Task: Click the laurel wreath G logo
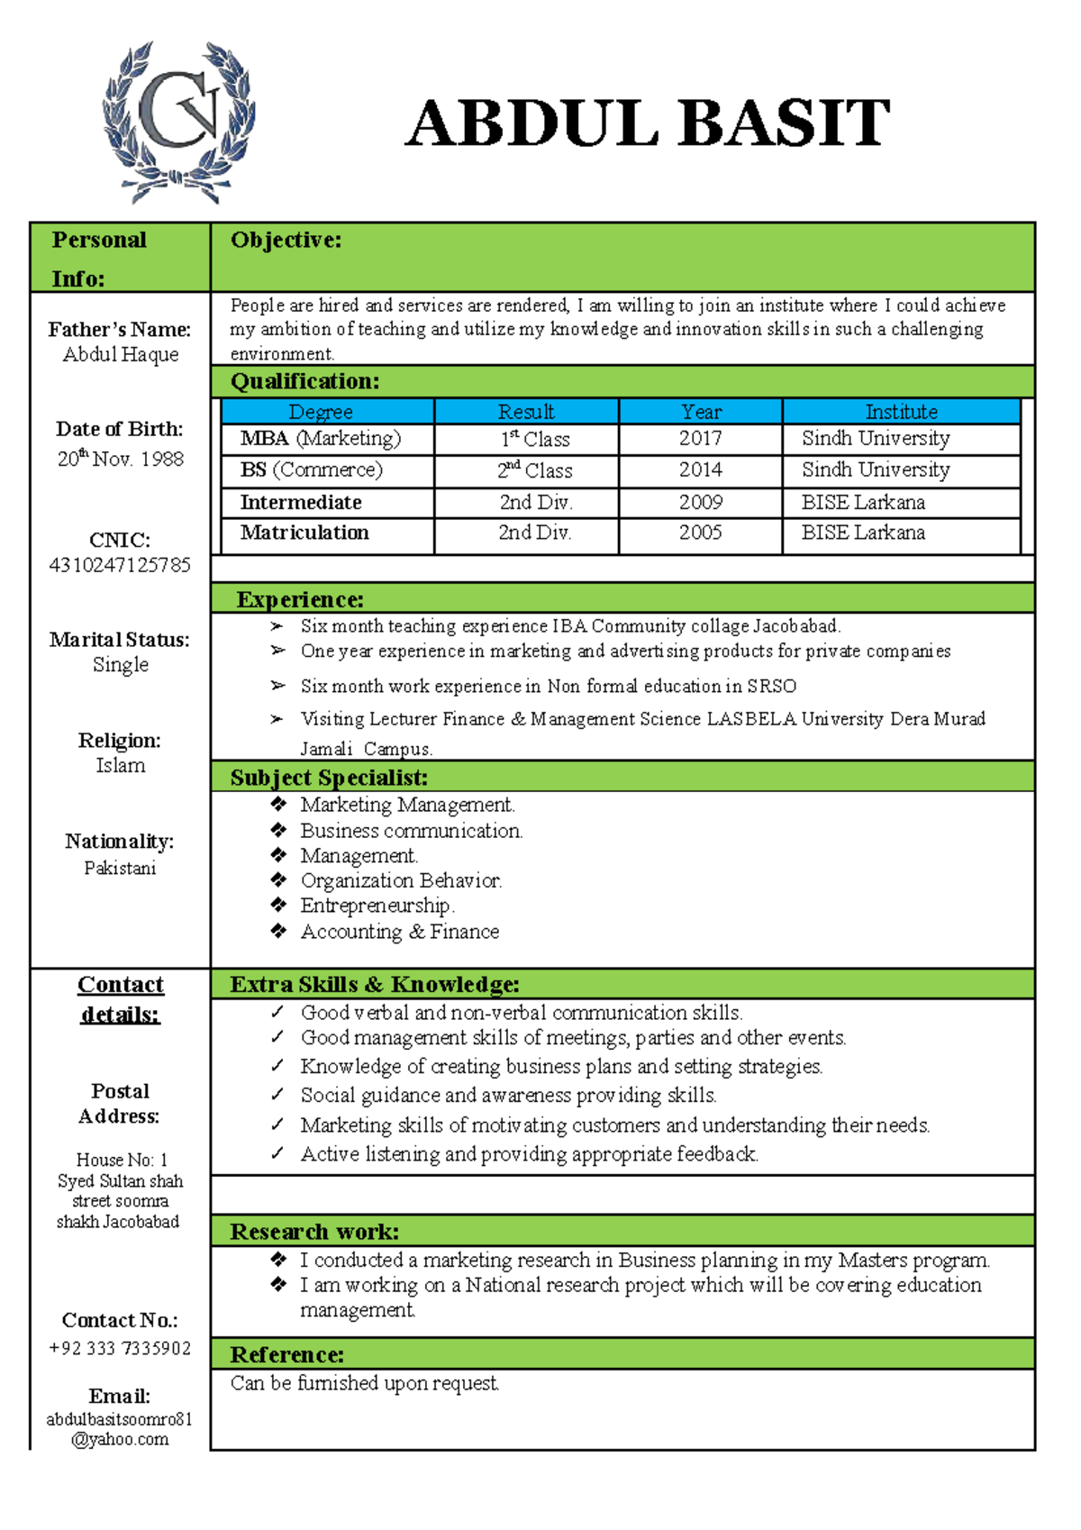pos(178,122)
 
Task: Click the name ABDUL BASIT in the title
pos(647,123)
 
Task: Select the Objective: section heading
pos(286,240)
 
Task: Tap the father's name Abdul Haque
pos(121,355)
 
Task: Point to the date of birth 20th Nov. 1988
pos(121,459)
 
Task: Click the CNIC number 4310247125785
pos(120,566)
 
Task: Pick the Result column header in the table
pos(526,412)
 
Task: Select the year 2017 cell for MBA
pos(700,439)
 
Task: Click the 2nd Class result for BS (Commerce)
pos(534,470)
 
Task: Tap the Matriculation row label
pos(304,533)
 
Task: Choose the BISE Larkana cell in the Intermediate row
pos(863,502)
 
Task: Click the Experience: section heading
pos(299,599)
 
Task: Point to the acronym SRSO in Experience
pos(771,687)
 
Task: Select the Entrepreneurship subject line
pos(377,906)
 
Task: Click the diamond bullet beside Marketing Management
pos(278,804)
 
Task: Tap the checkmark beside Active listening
pos(277,1153)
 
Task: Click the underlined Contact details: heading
pos(120,999)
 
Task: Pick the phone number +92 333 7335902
pos(120,1349)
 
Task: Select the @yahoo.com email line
pos(120,1440)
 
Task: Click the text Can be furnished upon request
pos(364,1383)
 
